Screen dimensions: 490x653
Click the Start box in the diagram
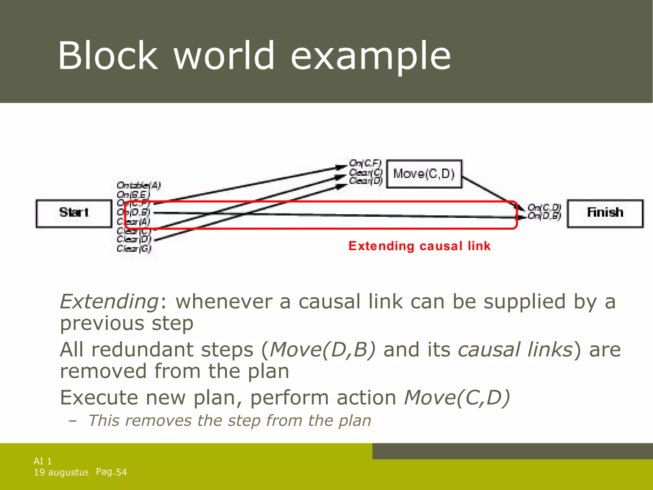[74, 213]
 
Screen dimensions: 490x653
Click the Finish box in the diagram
[605, 213]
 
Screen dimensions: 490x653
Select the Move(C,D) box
[424, 174]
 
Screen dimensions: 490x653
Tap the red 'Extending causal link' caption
[419, 246]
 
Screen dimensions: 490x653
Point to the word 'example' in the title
[371, 56]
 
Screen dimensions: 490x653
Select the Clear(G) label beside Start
[134, 249]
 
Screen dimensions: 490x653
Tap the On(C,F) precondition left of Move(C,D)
[365, 163]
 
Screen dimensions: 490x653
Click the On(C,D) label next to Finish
[544, 207]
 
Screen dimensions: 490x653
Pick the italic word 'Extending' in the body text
[109, 301]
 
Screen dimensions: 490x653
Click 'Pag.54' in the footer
[111, 472]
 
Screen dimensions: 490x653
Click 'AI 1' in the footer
[43, 461]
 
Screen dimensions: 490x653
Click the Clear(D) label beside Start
[134, 239]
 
